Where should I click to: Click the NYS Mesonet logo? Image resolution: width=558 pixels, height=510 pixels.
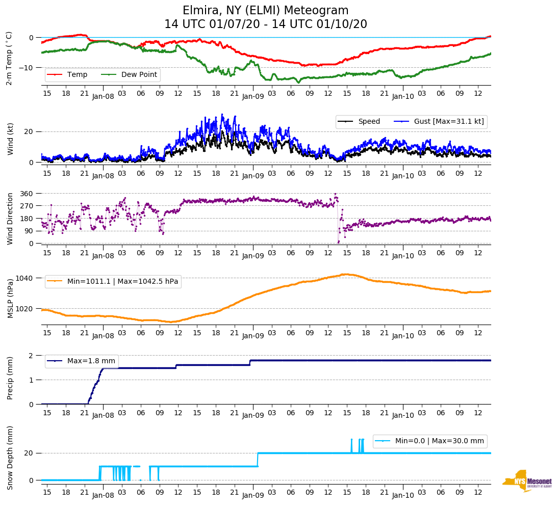coord(527,481)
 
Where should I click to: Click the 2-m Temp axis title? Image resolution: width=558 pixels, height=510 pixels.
coord(9,58)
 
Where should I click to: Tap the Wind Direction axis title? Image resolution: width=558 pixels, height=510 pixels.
coord(10,219)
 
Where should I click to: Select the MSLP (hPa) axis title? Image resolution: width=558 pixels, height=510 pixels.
coord(10,298)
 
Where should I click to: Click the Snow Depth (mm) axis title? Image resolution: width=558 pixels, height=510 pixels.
coord(10,458)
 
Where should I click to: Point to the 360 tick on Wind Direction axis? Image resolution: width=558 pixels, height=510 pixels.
coord(27,194)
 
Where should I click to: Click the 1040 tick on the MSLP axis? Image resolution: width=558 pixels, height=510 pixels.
coord(24,278)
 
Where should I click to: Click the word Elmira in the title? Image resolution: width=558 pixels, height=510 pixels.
coord(200,11)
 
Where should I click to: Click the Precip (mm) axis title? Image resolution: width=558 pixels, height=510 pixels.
coord(10,380)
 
